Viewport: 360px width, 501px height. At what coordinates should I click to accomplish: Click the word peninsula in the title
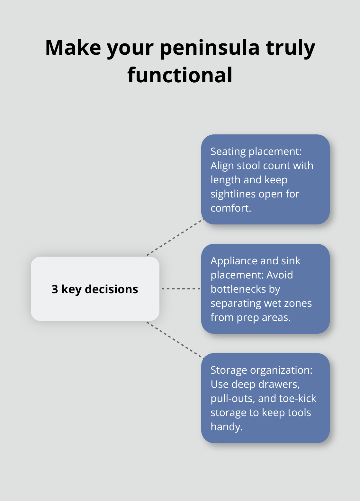point(209,48)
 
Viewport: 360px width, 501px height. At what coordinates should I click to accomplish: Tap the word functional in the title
point(180,75)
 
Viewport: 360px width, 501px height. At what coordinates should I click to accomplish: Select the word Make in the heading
point(73,48)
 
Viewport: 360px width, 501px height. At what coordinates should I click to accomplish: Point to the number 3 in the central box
point(55,289)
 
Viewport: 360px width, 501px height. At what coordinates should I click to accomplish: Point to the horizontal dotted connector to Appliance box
point(181,289)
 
